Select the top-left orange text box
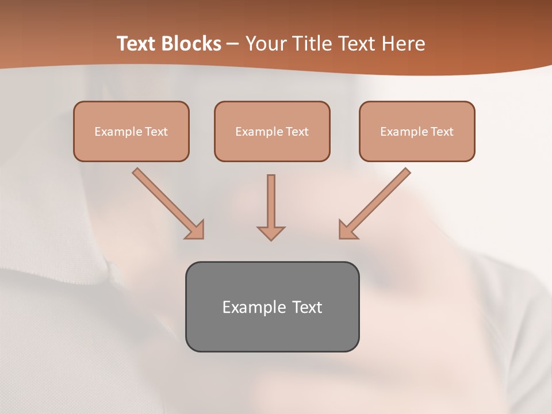click(131, 131)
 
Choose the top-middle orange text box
click(272, 131)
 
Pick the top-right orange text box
click(417, 131)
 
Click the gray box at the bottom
click(272, 306)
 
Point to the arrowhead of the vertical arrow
click(271, 232)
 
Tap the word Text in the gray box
click(307, 307)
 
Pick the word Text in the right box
click(442, 132)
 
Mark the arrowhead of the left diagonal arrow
click(195, 230)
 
